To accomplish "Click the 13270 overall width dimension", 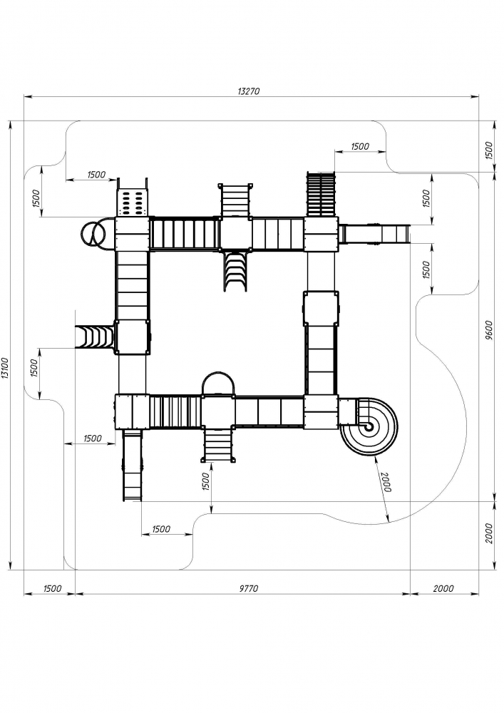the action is [248, 91].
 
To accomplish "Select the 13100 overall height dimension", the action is [6, 371].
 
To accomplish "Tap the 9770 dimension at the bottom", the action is [248, 588].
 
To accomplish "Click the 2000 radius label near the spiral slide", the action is [385, 482].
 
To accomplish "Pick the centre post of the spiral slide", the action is [368, 426].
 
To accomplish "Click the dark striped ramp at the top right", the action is [322, 194].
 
